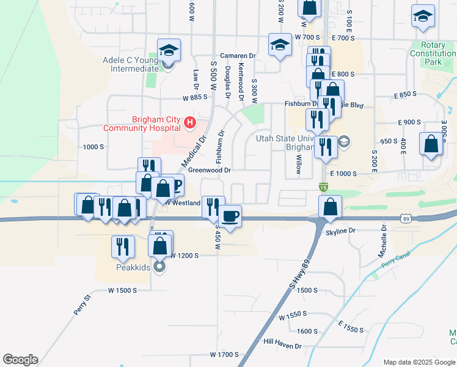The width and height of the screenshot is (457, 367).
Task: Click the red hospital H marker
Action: pyautogui.click(x=189, y=124)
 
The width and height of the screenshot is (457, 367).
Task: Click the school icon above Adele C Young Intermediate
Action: pyautogui.click(x=169, y=50)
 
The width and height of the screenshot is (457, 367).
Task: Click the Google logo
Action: pyautogui.click(x=20, y=360)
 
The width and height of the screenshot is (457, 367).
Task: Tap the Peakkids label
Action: pyautogui.click(x=133, y=267)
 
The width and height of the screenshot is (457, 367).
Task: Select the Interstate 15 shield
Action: pyautogui.click(x=323, y=186)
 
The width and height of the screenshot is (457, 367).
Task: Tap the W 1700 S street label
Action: pyautogui.click(x=224, y=354)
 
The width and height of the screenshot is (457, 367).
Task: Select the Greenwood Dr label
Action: pyautogui.click(x=209, y=170)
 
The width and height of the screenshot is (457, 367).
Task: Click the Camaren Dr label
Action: pyautogui.click(x=238, y=55)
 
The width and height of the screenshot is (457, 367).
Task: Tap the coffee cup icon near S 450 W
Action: pyautogui.click(x=230, y=217)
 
